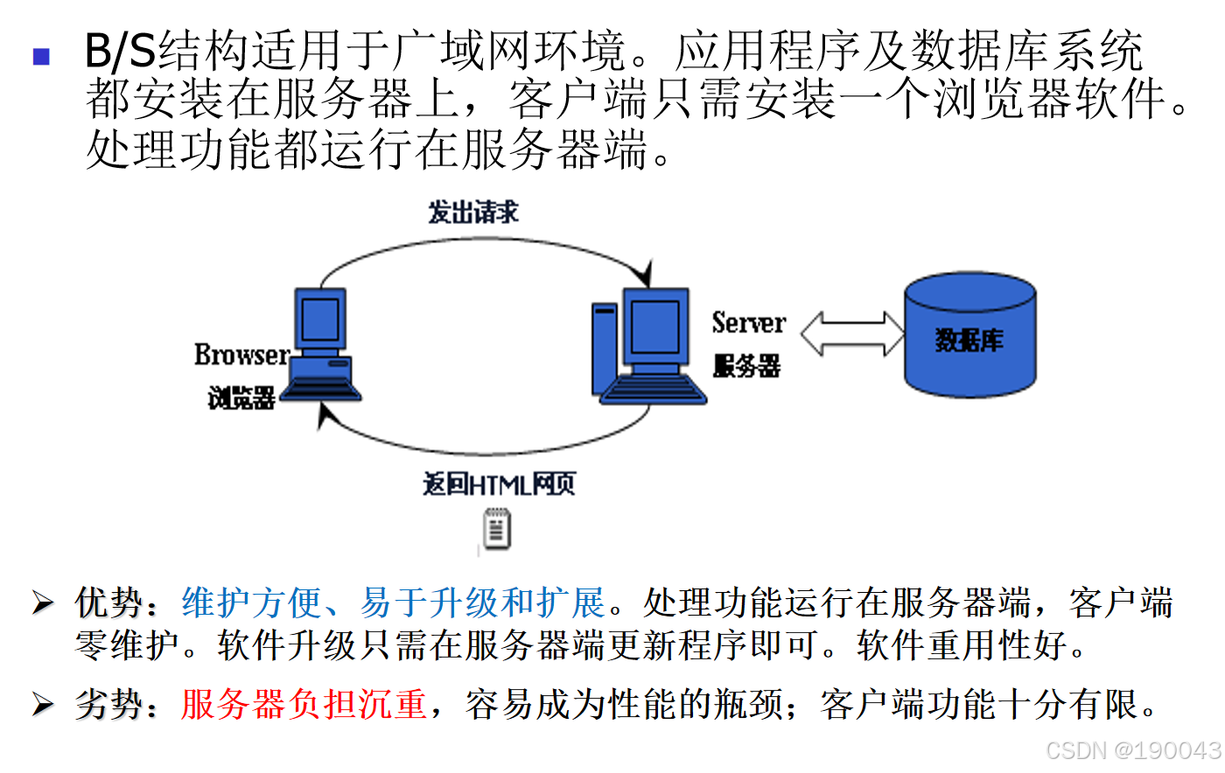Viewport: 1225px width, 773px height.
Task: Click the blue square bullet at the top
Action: [x=41, y=57]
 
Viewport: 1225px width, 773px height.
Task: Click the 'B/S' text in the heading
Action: [x=119, y=52]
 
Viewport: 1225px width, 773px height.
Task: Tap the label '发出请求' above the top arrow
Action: [x=472, y=212]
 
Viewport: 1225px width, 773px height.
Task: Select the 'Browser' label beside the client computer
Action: [x=241, y=355]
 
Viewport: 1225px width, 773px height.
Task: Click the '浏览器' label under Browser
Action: [x=241, y=398]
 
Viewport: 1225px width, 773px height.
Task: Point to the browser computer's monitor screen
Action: [x=320, y=318]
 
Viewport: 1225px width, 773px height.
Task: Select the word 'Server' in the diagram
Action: [x=748, y=324]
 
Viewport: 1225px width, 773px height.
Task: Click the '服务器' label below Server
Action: [x=745, y=366]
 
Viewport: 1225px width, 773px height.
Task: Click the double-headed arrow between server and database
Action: [x=851, y=333]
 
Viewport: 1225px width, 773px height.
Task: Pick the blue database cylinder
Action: [x=969, y=337]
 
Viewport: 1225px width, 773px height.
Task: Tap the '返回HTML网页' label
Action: [x=499, y=484]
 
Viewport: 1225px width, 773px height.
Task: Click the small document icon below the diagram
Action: [x=497, y=530]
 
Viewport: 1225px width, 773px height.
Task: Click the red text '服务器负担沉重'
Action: [x=304, y=704]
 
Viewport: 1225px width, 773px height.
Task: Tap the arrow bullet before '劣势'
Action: [x=43, y=704]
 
